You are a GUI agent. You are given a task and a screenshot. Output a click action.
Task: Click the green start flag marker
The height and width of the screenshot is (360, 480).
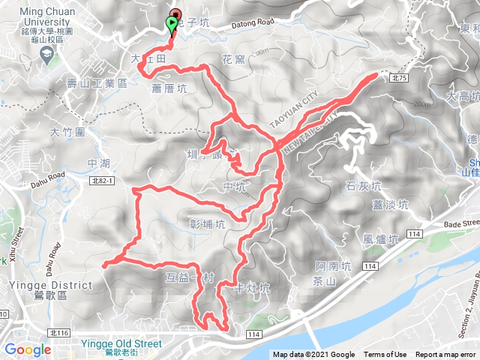[172, 25]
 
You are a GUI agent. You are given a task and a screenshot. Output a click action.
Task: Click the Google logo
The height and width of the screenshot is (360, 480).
[28, 349]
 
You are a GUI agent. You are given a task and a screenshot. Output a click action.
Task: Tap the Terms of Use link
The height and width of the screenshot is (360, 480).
[385, 355]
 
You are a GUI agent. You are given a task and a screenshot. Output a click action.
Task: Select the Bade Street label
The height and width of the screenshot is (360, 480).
[460, 223]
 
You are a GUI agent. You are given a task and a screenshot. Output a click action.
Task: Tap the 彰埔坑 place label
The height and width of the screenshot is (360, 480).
[208, 223]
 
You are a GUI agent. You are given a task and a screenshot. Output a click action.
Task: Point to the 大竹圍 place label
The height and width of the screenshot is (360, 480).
[66, 132]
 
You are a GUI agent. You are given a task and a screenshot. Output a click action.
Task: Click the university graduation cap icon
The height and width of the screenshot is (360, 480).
[46, 55]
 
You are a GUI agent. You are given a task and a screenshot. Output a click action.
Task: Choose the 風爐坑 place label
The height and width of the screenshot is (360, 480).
[379, 239]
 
